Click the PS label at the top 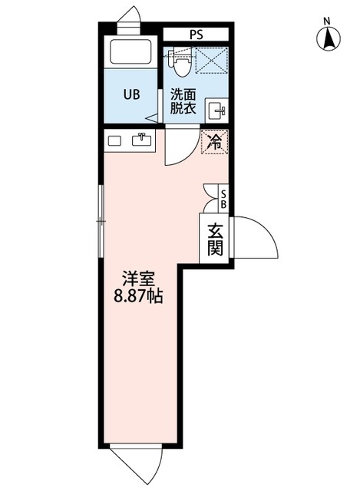tap(197, 34)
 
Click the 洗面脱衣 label tap(183, 102)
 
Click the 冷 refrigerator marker tap(215, 141)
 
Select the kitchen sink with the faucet tap(142, 140)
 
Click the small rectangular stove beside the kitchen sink tap(115, 140)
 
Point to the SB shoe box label tap(223, 199)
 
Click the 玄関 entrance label tap(214, 239)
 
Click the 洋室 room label tap(139, 279)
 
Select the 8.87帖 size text tap(138, 296)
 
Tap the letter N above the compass tap(327, 20)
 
